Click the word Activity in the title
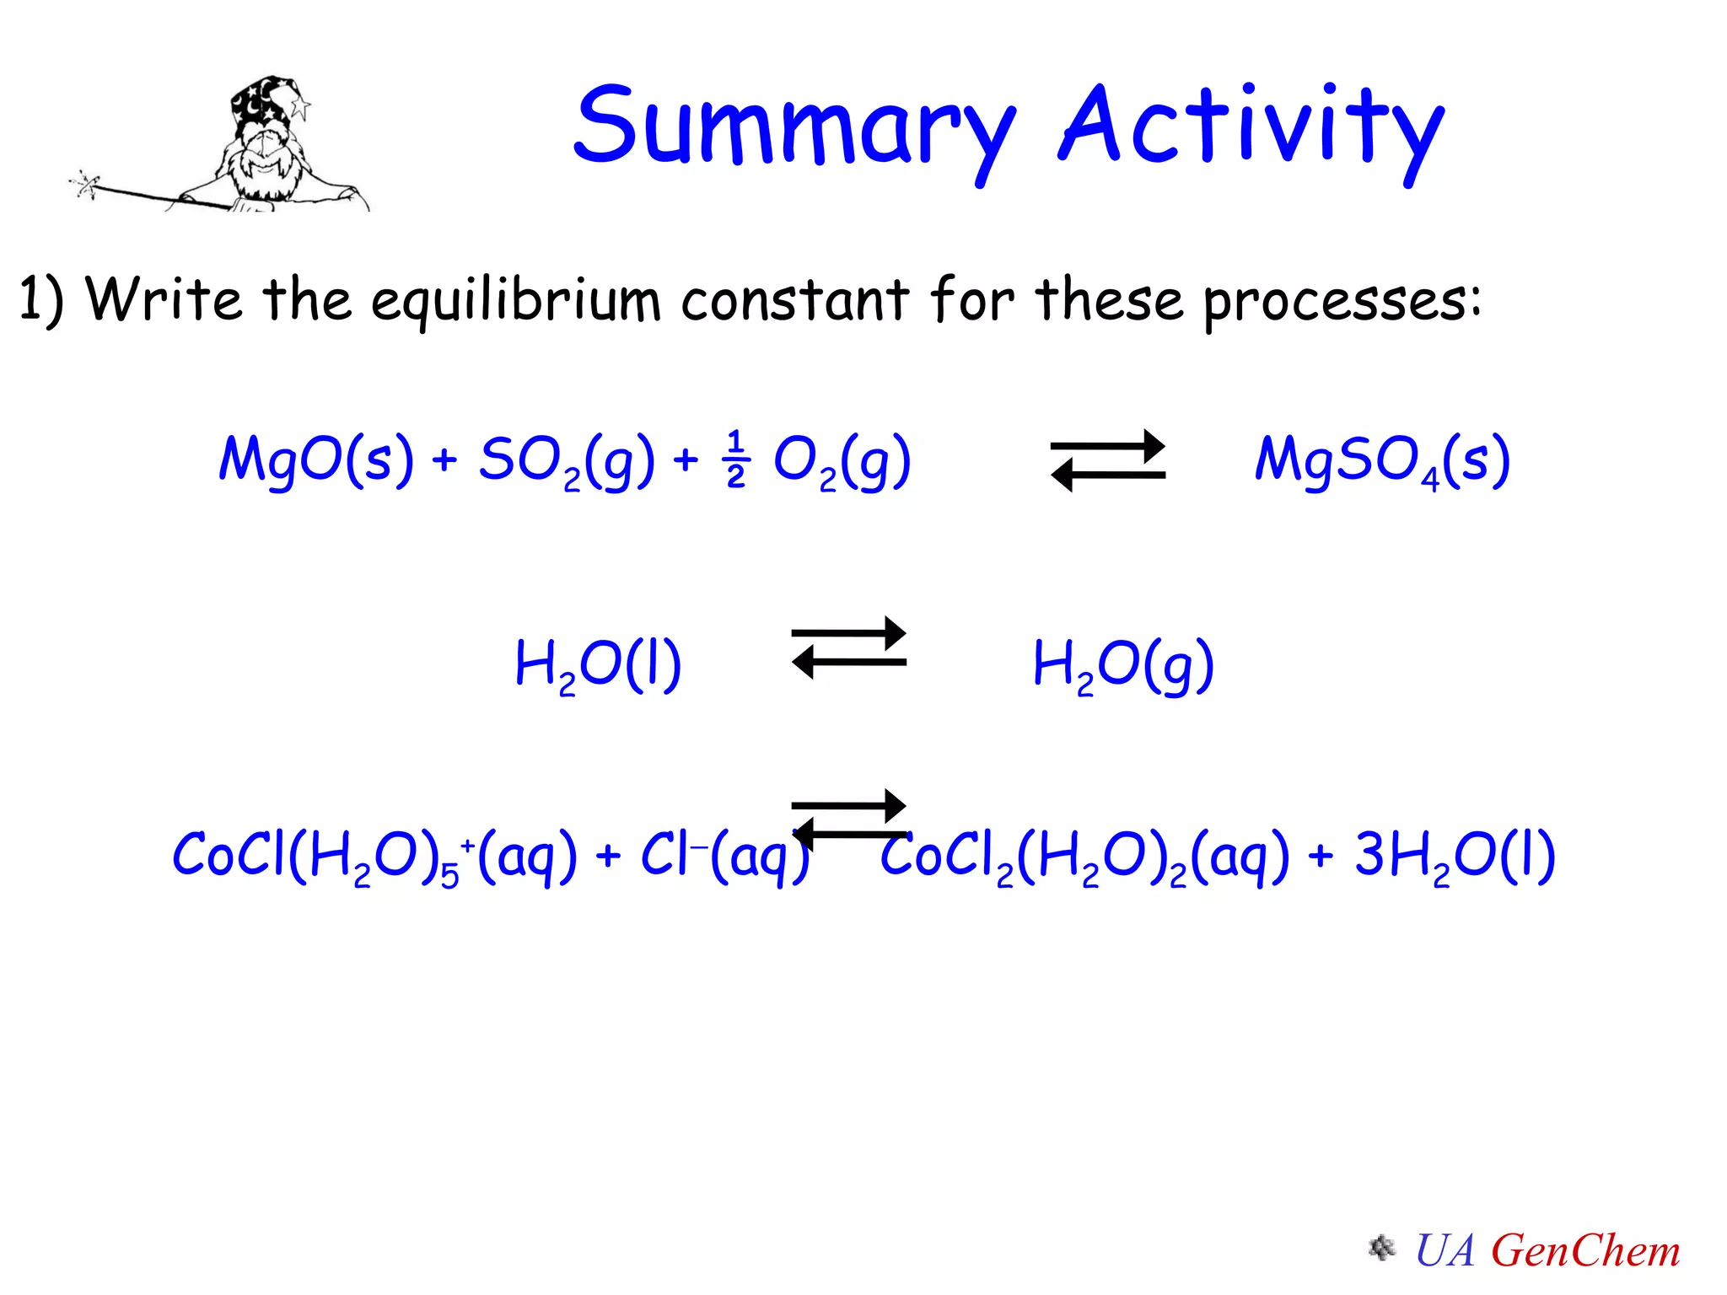1251,126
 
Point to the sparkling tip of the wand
85,183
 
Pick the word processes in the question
1341,301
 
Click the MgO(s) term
316,460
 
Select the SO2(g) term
566,460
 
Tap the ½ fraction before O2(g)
735,460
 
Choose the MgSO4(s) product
1382,460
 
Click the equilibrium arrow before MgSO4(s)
1107,460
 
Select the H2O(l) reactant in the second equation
598,665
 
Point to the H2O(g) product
1123,665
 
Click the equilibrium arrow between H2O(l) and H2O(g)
848,647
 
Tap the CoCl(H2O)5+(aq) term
374,856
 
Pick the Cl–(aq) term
725,856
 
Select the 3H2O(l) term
1455,856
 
